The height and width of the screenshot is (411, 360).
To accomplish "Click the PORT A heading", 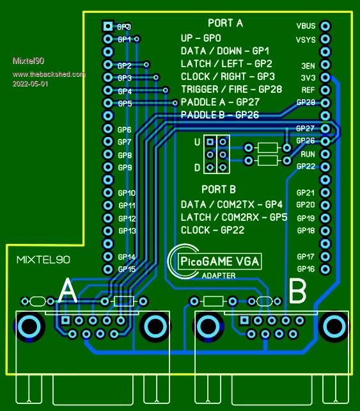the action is point(225,23).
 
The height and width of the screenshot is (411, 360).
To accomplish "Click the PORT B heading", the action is point(219,189).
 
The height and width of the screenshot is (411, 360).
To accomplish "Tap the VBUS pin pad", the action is point(325,26).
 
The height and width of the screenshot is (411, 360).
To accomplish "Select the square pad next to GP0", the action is point(107,26).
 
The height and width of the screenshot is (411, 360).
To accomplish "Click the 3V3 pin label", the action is point(308,78).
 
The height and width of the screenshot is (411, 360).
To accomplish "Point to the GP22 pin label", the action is point(306,166).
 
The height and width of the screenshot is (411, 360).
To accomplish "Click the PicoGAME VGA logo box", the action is point(219,261).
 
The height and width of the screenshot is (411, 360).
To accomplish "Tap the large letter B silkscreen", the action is point(297,291).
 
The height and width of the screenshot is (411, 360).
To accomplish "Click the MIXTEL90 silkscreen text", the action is point(43,260).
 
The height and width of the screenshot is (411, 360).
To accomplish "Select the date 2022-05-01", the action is point(30,84).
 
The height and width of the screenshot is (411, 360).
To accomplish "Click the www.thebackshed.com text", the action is point(49,74).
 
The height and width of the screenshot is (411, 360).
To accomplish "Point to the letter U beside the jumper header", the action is point(197,142).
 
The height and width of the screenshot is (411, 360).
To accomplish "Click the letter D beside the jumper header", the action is point(197,168).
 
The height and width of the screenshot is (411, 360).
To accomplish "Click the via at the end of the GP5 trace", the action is point(175,102).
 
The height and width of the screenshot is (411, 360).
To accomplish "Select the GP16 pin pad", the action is point(325,269).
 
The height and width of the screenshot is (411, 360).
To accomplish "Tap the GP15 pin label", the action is point(127,269).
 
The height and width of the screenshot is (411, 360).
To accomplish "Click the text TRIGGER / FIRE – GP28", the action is point(231,90).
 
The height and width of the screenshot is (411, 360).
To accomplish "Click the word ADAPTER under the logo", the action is point(219,275).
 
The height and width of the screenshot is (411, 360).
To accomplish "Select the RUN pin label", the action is point(308,154).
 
